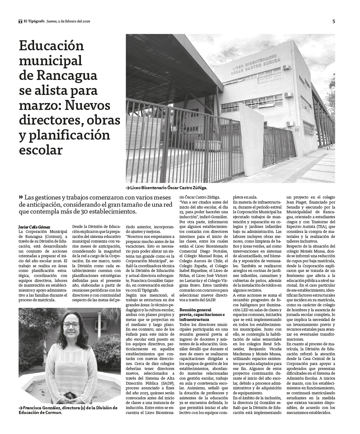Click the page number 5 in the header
pyautogui.click(x=333, y=22)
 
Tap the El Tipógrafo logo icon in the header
pyautogui.click(x=20, y=22)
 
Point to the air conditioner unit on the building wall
pyautogui.click(x=287, y=67)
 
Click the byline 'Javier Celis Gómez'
pyautogui.click(x=34, y=227)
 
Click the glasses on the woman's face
pyautogui.click(x=71, y=325)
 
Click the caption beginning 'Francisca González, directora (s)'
pyautogui.click(x=68, y=410)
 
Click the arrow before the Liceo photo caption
pyautogui.click(x=128, y=188)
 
